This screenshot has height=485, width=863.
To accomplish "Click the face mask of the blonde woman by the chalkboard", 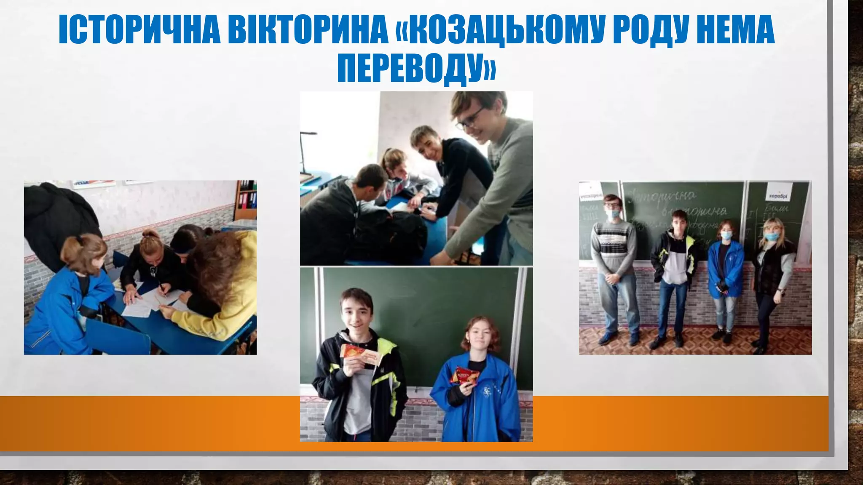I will (771, 237).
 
